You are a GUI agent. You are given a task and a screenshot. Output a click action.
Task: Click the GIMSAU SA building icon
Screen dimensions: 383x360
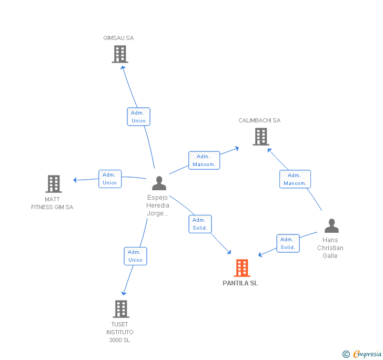120,54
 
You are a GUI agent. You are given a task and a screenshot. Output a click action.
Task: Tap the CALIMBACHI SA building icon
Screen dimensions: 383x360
260,137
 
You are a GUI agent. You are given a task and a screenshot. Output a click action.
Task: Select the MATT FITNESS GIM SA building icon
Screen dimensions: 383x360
54,184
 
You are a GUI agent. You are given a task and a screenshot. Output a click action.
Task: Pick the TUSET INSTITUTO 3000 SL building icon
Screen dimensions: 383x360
120,308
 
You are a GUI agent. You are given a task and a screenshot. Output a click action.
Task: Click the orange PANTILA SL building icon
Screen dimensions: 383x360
241,268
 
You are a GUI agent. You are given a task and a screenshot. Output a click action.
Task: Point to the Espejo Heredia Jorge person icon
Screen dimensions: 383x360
159,183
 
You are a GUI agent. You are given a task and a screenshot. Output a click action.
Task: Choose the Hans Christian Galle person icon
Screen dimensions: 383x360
331,226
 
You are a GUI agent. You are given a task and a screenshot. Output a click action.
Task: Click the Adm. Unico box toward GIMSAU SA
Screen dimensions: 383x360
138,117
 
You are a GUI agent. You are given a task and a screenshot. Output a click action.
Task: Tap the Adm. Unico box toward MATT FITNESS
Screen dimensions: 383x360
110,179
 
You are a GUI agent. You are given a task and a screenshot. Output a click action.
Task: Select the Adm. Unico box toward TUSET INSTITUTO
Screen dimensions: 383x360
135,256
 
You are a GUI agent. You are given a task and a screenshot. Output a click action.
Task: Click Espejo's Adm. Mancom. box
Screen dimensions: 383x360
204,160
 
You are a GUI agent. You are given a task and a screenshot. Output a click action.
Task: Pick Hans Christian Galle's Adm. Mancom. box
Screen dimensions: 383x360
295,179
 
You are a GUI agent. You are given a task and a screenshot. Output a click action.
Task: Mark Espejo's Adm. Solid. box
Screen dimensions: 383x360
200,224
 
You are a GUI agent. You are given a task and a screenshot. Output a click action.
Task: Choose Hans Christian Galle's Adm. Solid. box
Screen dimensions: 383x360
288,243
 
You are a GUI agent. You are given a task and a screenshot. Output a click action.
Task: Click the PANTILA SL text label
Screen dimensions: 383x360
240,283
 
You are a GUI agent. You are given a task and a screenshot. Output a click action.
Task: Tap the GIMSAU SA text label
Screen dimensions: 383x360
118,38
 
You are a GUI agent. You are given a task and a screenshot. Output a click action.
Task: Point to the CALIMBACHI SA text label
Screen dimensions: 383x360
259,120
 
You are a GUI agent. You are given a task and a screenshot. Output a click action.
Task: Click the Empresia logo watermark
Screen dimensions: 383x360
362,354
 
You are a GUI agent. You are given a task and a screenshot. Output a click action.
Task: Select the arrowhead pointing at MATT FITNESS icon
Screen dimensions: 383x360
75,180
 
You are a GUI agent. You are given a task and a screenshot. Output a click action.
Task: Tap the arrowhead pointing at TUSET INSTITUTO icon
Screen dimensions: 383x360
124,293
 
